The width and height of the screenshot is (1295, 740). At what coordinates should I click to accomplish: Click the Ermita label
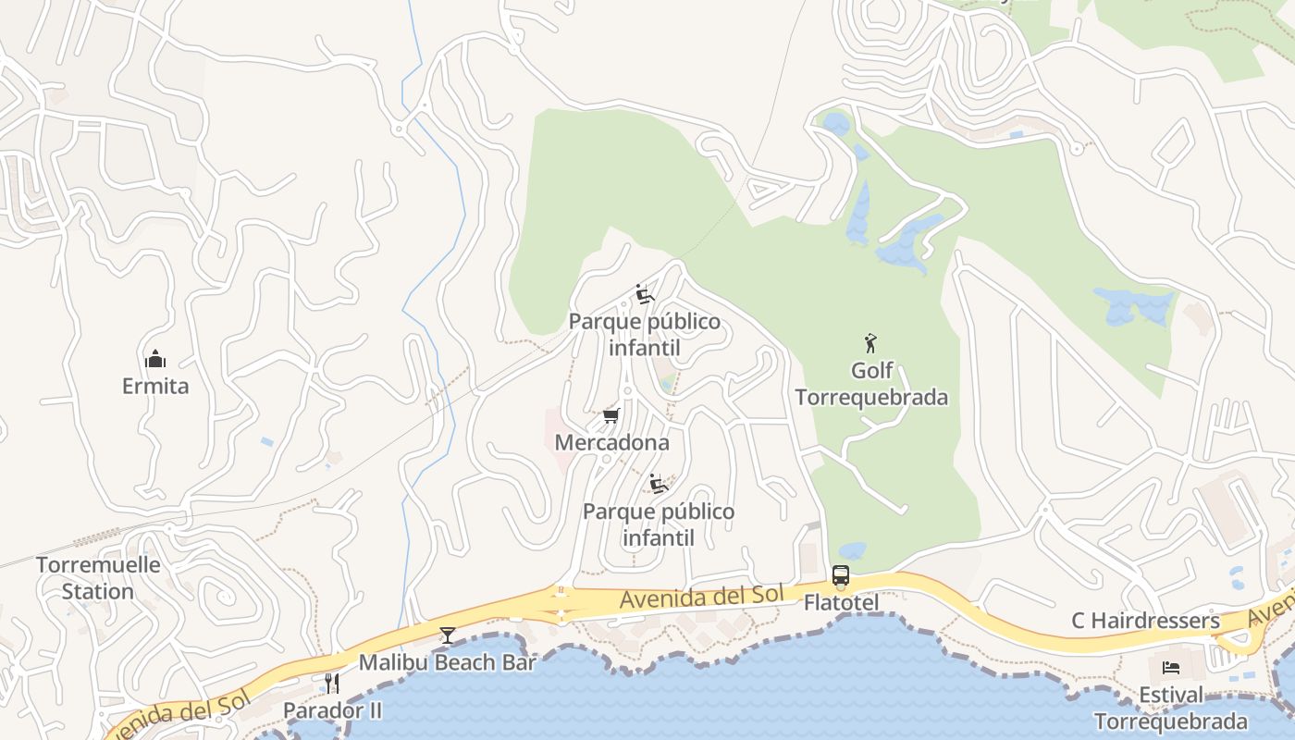(155, 386)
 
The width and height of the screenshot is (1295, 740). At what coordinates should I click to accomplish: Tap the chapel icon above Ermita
(155, 359)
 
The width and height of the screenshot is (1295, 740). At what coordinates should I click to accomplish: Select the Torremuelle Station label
(98, 578)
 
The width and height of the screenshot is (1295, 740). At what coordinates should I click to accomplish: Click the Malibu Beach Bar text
(448, 662)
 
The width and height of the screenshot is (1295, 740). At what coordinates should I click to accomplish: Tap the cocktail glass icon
(448, 635)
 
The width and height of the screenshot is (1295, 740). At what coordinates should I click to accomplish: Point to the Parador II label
(332, 710)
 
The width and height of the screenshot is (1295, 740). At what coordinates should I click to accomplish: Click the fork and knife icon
(331, 684)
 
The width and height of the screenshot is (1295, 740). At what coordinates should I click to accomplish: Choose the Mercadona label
(611, 442)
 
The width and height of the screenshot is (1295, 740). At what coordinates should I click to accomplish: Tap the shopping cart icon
(610, 415)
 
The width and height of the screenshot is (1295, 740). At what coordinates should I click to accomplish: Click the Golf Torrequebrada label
(871, 384)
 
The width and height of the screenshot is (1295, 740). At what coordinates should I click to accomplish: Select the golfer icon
(870, 344)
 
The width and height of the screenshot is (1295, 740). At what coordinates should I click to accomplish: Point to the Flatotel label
(840, 603)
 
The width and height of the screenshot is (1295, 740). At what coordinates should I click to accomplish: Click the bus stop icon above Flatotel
(840, 575)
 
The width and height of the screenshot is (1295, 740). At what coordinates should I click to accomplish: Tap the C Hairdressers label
(1145, 621)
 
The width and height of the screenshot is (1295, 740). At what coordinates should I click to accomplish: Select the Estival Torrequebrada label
(1171, 709)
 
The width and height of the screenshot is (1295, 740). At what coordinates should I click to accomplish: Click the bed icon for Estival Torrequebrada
(1171, 667)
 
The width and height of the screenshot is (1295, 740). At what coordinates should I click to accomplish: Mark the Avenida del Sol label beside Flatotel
(701, 597)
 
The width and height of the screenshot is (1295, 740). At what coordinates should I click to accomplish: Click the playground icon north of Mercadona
(645, 294)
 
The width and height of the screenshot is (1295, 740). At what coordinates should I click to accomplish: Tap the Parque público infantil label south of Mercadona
(659, 524)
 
